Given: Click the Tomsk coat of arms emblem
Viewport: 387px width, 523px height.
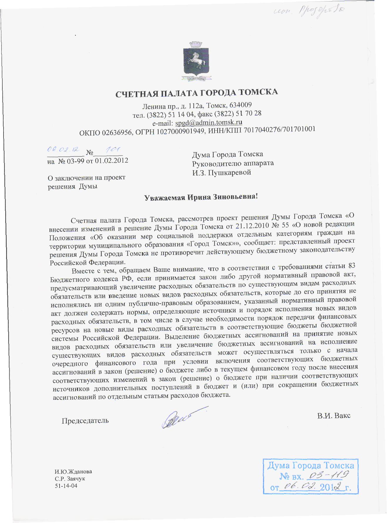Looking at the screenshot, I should tap(194, 61).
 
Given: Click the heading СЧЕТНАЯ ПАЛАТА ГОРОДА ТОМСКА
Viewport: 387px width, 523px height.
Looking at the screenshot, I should tap(196, 93).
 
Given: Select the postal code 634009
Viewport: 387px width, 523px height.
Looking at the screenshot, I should tap(240, 105).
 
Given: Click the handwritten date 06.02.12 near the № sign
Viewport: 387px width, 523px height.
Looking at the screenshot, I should tap(63, 149).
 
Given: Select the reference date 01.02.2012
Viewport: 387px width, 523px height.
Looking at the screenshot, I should tap(111, 161).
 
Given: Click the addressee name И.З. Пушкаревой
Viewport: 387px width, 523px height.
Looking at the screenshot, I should tap(222, 173).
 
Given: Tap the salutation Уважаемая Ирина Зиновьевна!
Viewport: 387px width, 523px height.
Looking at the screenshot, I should tap(201, 197).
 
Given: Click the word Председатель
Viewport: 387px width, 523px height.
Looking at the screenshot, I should tap(85, 421).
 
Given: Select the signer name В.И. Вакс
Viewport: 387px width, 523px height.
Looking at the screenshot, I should tap(334, 416).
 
